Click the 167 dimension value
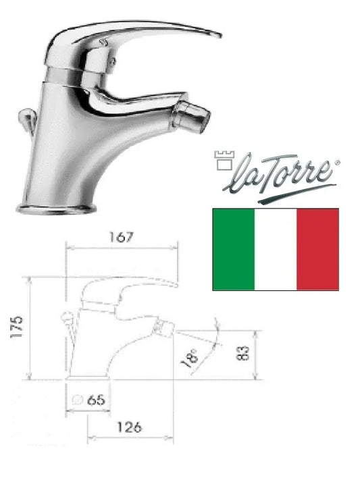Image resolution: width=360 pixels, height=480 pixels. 122,237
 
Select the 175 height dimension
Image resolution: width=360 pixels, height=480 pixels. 16,327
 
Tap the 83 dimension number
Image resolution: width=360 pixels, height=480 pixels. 243,353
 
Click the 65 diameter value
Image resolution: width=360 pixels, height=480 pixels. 96,400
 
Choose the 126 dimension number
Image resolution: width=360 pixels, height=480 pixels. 130,427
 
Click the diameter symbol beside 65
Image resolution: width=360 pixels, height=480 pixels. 78,400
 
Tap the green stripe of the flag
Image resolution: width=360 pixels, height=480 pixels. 234,249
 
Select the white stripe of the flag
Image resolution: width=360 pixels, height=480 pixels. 276,249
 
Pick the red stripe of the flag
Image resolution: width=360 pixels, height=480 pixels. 317,249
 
